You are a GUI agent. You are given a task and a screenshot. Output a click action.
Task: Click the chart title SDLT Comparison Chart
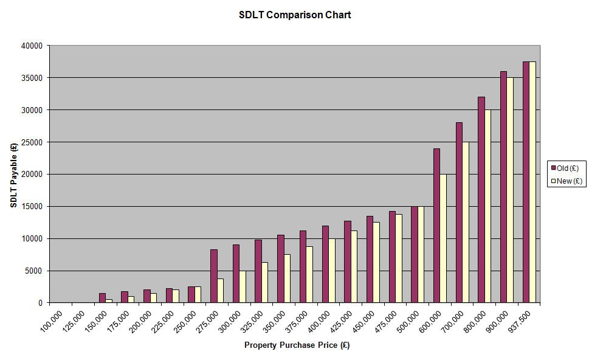(x=295, y=15)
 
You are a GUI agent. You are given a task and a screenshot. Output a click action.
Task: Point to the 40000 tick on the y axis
(x=32, y=46)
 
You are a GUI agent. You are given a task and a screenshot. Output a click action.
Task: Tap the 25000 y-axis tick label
(x=32, y=142)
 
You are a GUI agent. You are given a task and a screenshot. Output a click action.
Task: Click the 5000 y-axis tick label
(x=34, y=271)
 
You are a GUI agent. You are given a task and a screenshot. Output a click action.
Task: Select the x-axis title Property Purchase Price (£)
(x=297, y=345)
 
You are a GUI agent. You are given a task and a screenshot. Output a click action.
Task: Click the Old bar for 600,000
(x=436, y=226)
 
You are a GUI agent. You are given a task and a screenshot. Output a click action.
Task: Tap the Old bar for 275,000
(x=214, y=276)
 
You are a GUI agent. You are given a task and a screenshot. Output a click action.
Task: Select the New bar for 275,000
(x=220, y=291)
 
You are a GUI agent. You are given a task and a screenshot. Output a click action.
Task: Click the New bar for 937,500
(x=532, y=182)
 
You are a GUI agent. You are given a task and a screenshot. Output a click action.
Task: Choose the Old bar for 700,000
(x=459, y=213)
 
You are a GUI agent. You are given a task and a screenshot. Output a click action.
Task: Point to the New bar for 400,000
(x=332, y=271)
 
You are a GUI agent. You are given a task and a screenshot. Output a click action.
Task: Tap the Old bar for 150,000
(x=102, y=298)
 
